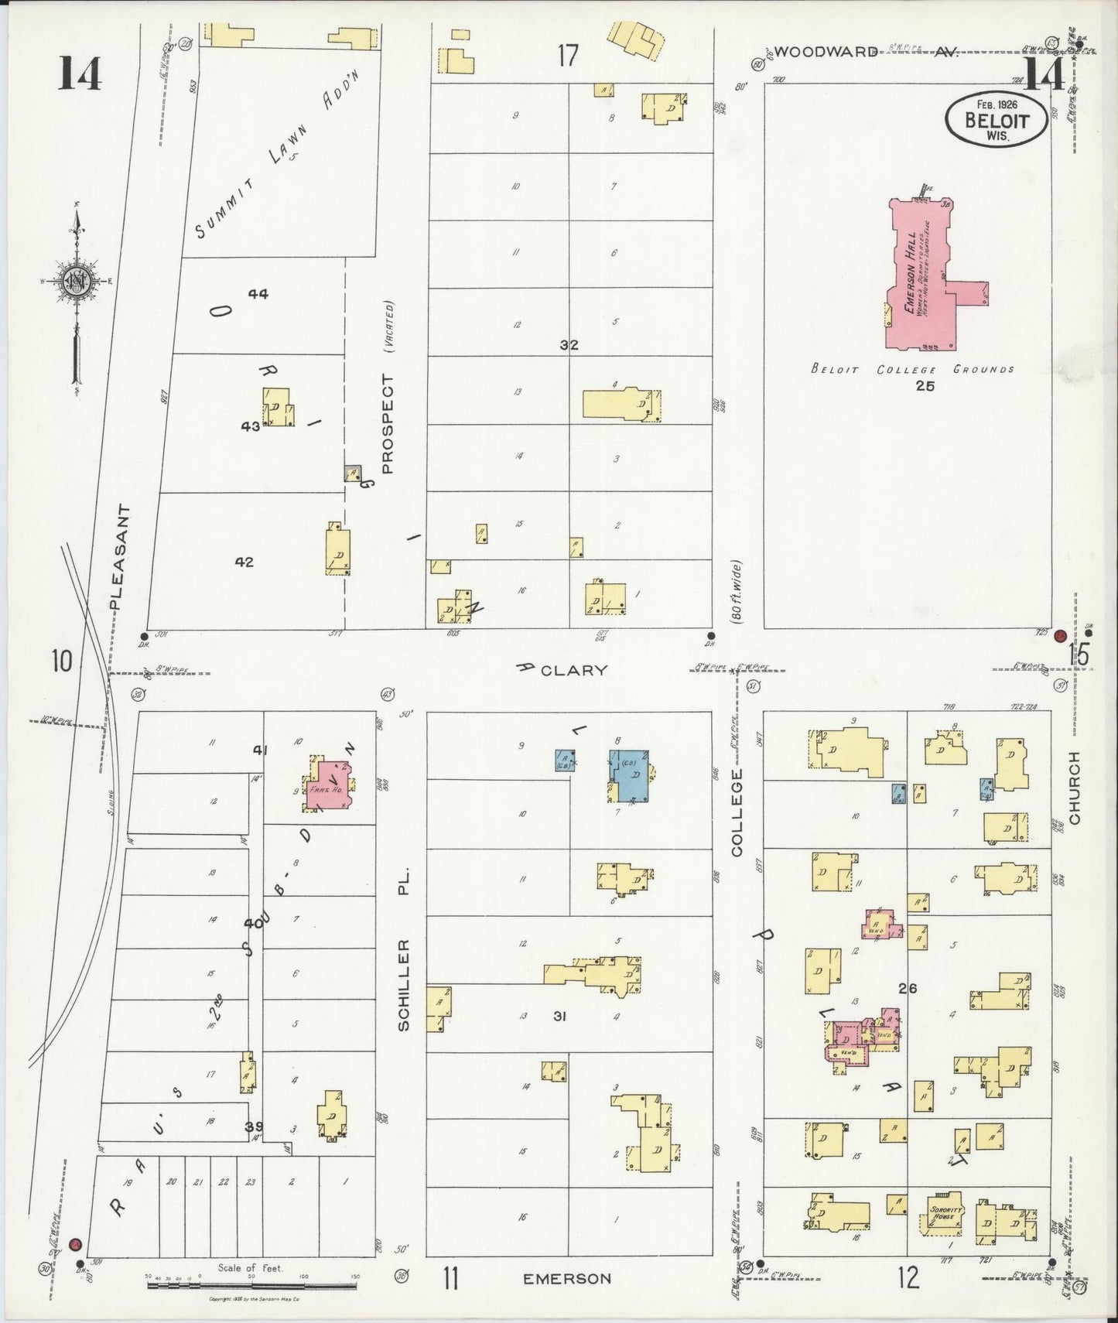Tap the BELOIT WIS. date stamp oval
997,118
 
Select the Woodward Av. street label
865,53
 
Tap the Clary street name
573,670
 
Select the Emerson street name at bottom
567,1279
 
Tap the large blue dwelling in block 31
631,776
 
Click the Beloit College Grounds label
912,370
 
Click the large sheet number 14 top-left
80,74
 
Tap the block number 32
569,345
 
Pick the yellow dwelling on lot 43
277,407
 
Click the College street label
736,812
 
